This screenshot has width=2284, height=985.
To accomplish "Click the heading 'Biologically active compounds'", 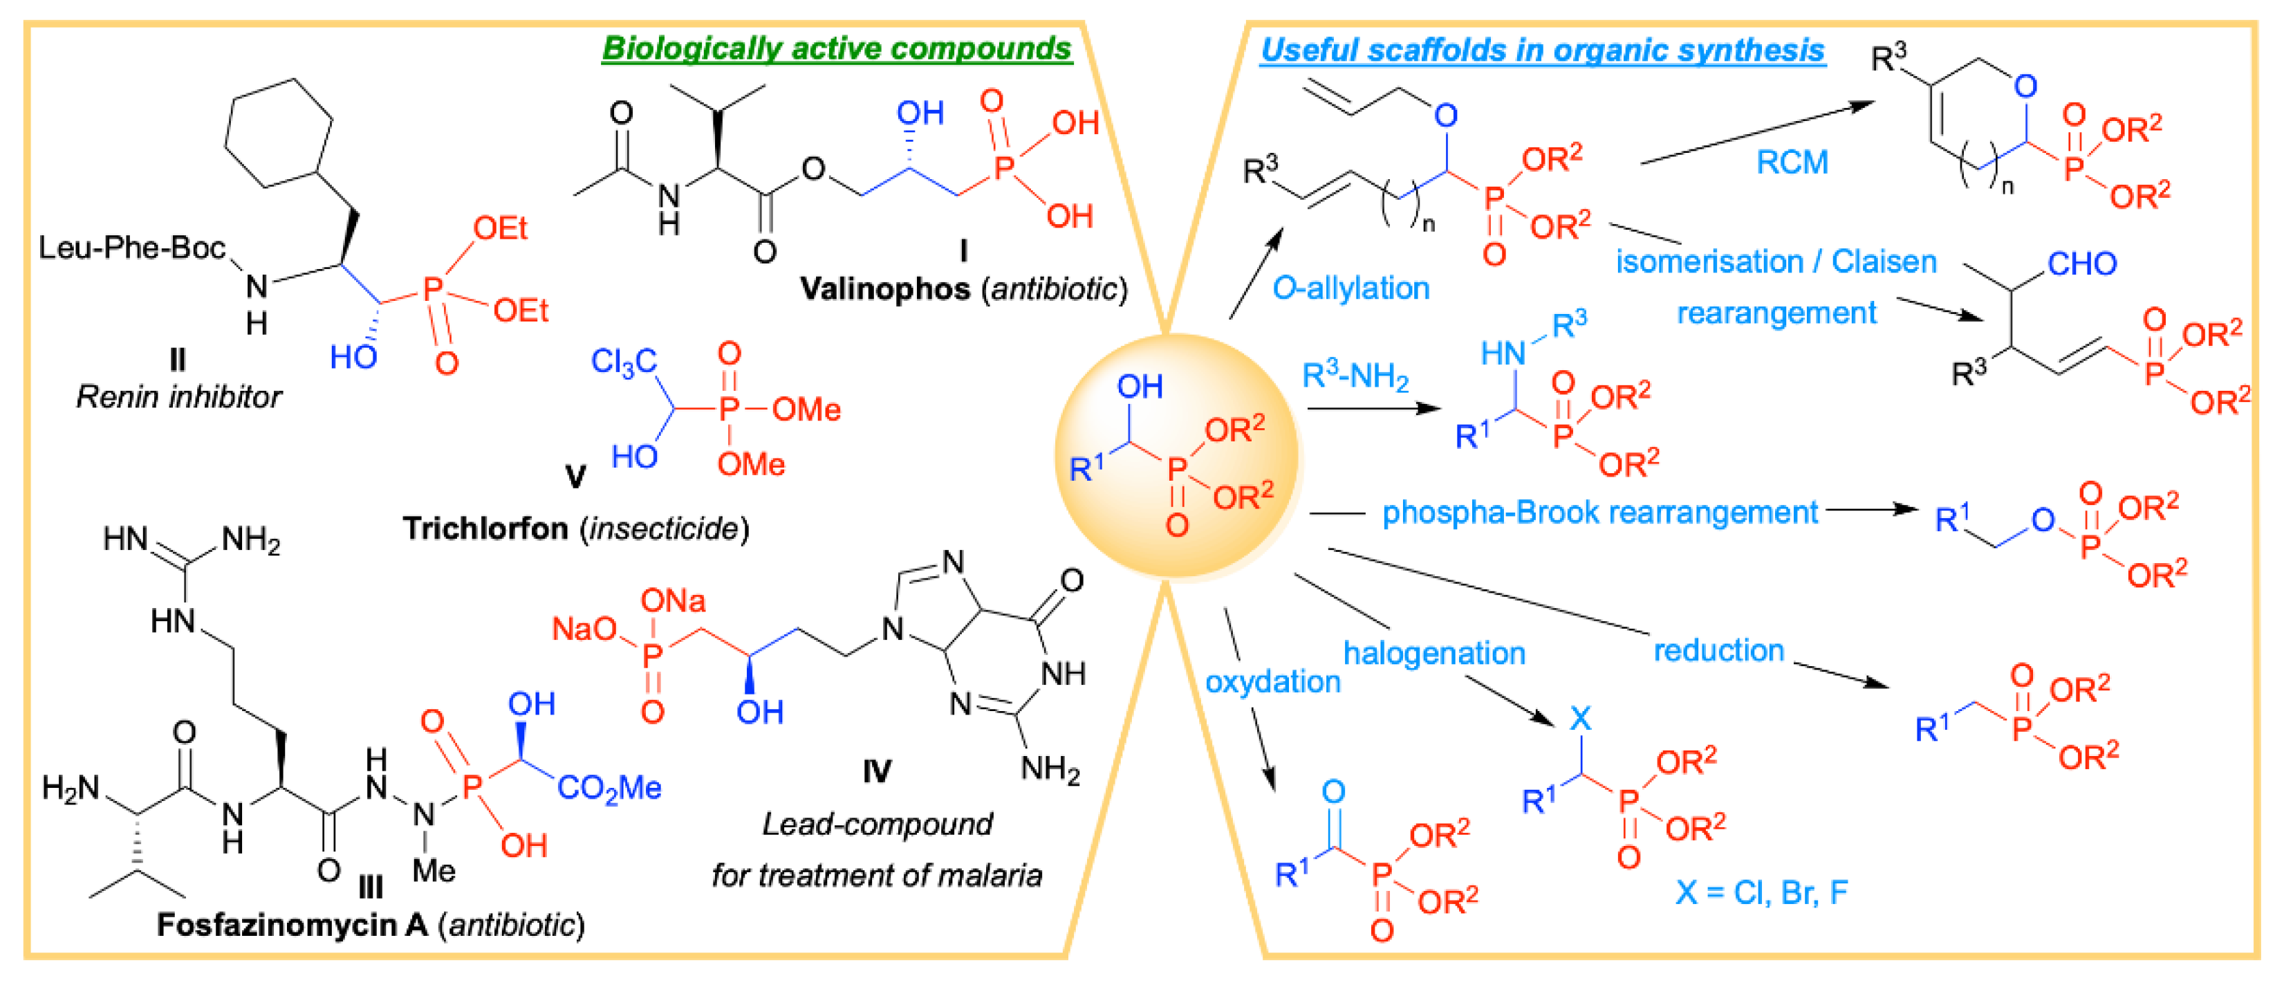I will [x=836, y=48].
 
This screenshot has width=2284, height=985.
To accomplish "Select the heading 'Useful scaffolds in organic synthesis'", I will [x=1542, y=50].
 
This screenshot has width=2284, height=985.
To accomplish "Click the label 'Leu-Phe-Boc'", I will [x=131, y=248].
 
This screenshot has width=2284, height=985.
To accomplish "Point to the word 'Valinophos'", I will [x=885, y=289].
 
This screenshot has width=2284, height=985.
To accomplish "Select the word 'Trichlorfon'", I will [x=485, y=528].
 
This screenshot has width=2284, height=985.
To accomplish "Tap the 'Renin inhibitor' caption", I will [x=178, y=396].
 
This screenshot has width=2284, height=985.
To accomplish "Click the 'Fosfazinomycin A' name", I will [x=292, y=925].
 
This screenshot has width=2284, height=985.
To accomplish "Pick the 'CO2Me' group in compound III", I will [x=609, y=787].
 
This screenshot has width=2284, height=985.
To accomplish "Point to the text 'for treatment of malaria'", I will [x=876, y=875].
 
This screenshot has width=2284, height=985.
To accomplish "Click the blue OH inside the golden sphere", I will [x=1140, y=387].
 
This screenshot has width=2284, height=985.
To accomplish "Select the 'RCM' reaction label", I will [x=1792, y=163].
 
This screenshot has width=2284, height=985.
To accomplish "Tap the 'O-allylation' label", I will [x=1350, y=288].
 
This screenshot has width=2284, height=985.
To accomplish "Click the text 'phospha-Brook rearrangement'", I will [x=1599, y=513].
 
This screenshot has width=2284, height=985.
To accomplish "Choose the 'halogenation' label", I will [x=1433, y=654].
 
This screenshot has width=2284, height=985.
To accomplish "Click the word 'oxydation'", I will [x=1272, y=682].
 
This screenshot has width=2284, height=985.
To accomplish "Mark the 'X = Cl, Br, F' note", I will [x=1761, y=892].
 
